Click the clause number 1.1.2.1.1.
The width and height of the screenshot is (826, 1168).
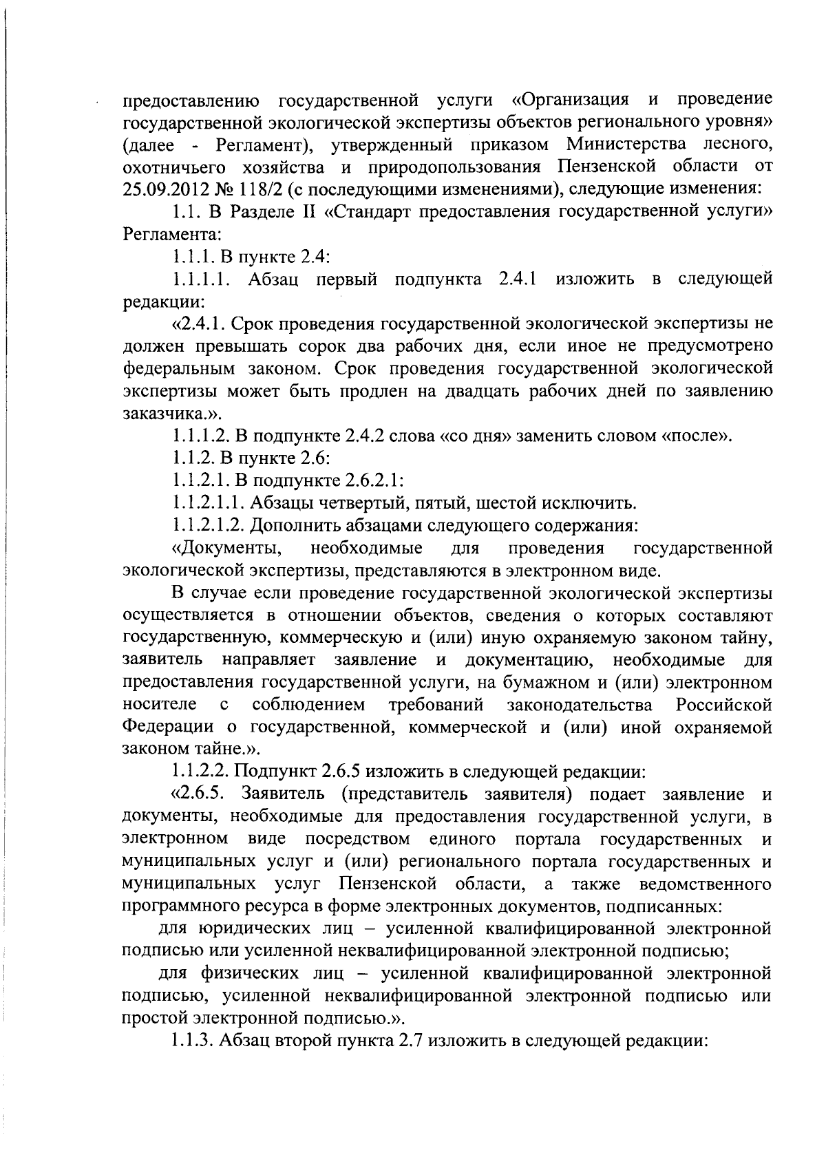207,504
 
